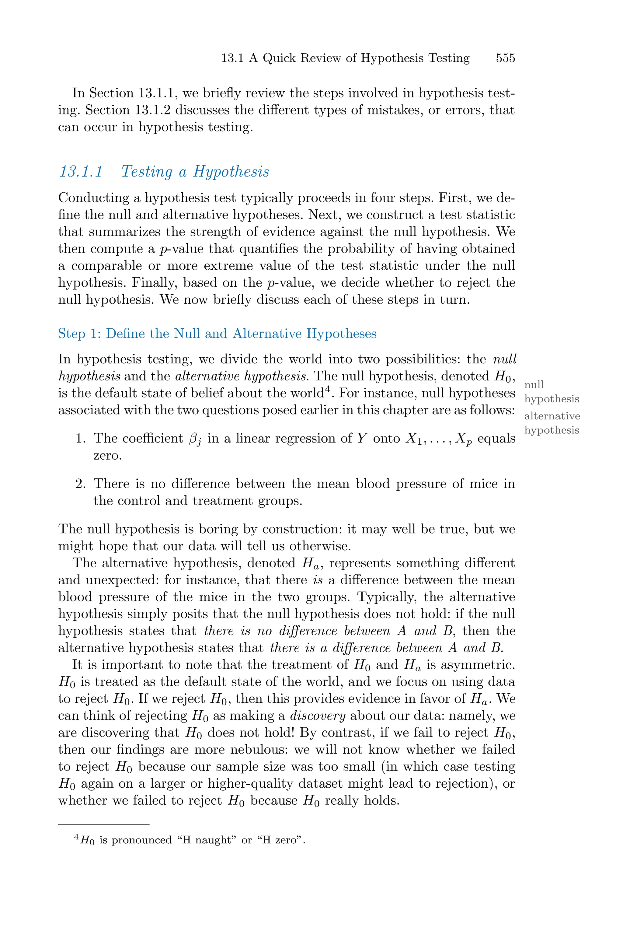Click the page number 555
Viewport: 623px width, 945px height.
(x=505, y=58)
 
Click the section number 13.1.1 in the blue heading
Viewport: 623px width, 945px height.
(x=81, y=172)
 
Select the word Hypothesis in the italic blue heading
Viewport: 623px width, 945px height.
(x=231, y=172)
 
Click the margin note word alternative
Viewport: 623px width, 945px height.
(x=552, y=416)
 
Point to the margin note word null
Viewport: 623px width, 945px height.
(x=534, y=384)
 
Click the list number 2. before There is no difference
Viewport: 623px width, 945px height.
(x=81, y=484)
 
